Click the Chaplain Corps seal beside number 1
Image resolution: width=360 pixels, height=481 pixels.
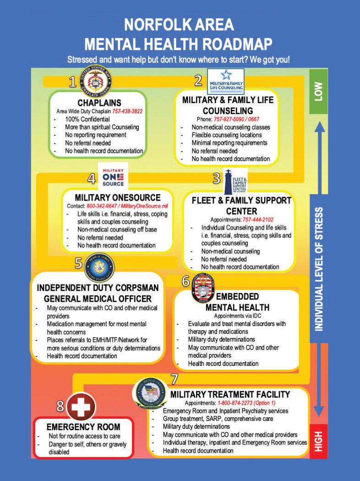(97, 80)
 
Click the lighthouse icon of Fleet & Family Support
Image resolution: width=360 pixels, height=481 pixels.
(228, 181)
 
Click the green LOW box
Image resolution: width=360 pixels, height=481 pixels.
(319, 91)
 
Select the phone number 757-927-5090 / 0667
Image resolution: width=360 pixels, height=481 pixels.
(233, 119)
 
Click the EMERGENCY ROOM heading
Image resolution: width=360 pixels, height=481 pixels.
(83, 427)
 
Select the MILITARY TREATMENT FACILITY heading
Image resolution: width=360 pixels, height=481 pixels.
(230, 394)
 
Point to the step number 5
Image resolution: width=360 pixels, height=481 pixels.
(78, 262)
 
